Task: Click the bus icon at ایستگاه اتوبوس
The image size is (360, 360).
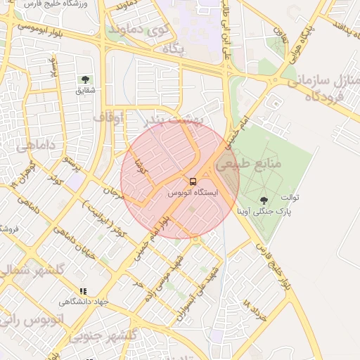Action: pyautogui.click(x=193, y=181)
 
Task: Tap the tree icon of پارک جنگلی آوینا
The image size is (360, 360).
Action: pyautogui.click(x=264, y=200)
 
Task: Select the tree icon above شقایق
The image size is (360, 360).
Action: pyautogui.click(x=86, y=79)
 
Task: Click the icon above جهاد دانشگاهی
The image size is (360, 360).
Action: pyautogui.click(x=84, y=291)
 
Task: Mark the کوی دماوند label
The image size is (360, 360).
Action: pyautogui.click(x=136, y=30)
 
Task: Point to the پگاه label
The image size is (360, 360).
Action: pyautogui.click(x=172, y=50)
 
